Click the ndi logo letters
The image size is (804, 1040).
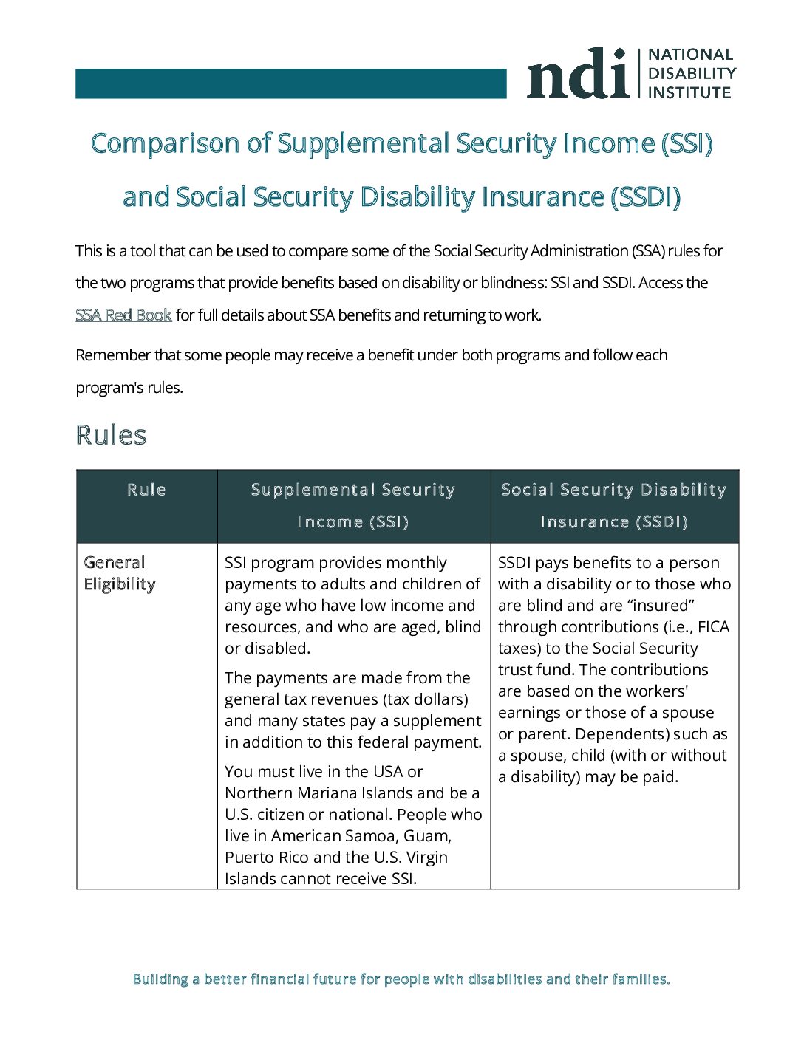576,74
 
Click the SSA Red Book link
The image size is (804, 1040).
123,315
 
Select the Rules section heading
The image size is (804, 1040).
111,435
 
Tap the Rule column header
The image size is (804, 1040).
146,490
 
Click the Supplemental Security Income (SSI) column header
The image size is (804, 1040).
353,505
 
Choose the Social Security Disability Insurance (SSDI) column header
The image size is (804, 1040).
614,505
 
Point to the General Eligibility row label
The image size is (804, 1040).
119,573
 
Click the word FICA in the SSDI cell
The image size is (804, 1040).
713,627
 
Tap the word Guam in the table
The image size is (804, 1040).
426,836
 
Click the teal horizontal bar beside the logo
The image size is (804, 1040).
290,83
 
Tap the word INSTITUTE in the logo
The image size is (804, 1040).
689,93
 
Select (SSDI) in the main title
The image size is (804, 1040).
645,197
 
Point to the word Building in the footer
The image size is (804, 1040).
160,979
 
